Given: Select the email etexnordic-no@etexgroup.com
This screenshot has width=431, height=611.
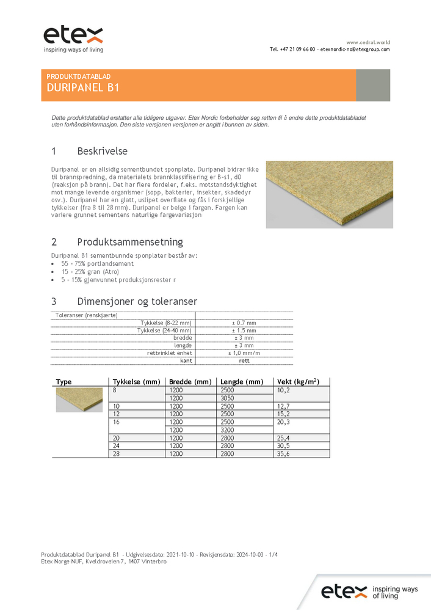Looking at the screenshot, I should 355,49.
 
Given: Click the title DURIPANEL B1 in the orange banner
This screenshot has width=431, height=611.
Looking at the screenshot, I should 83,87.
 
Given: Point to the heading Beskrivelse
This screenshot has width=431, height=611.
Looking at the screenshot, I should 102,151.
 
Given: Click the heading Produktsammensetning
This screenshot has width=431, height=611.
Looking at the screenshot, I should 129,242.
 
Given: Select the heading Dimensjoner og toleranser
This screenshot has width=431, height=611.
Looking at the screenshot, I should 137,301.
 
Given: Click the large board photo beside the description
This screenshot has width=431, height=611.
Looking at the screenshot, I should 329,194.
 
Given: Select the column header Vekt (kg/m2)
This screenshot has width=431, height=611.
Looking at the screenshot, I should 298,382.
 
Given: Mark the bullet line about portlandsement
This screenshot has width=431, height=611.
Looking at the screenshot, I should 91,263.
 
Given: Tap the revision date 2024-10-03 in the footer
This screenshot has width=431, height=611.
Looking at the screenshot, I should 246,554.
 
